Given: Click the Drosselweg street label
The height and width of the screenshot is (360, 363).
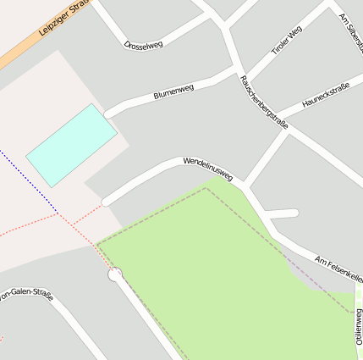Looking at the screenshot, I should [143, 43].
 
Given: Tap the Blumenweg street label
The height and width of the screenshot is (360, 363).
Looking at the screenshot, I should [174, 92].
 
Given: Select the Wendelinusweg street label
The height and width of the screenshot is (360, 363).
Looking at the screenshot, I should [207, 168].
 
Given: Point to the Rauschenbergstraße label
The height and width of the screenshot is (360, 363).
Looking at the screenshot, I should [263, 102].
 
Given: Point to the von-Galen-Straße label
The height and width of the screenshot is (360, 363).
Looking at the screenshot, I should [27, 296].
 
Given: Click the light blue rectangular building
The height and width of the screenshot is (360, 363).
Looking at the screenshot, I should [71, 145].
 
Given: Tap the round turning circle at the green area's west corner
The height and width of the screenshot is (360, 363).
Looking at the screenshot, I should [115, 274].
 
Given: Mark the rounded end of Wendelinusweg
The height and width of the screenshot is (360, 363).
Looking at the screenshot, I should [106, 202].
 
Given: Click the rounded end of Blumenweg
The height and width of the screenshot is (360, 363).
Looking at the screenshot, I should [107, 113].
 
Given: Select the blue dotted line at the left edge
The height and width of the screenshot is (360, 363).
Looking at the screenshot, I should [30, 181].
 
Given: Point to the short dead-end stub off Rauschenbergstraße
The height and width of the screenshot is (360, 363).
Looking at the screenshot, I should [284, 213].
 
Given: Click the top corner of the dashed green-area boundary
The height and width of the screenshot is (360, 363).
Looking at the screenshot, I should [206, 188].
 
